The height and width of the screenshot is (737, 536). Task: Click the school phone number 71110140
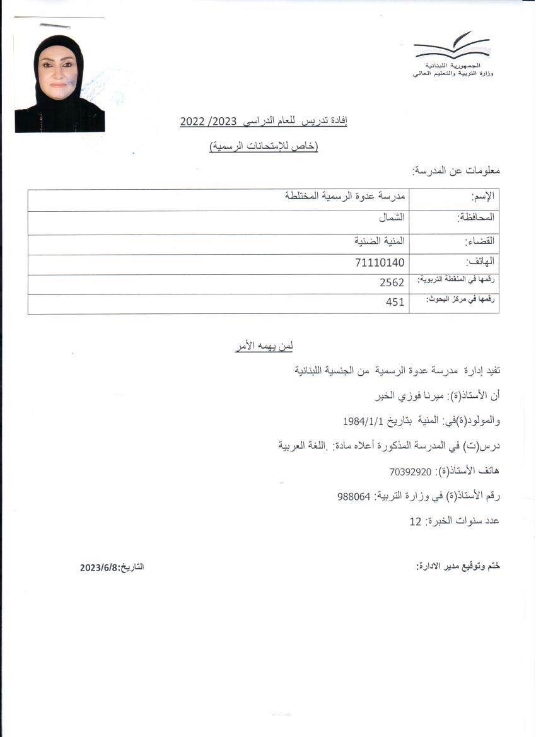coord(380,263)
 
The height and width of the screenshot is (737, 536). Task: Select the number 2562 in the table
coord(392,283)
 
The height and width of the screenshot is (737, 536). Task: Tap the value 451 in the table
coord(395,303)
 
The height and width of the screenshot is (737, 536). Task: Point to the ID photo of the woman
coord(59,83)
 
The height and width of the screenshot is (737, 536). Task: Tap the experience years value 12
coord(415,522)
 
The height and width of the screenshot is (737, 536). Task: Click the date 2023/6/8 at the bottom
coord(99,567)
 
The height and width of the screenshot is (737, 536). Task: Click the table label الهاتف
coord(481,262)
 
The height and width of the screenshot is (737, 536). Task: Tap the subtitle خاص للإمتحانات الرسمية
coord(264,147)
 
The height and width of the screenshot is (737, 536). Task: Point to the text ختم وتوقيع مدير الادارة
coord(458,566)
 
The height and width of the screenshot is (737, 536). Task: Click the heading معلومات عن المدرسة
coord(455,171)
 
